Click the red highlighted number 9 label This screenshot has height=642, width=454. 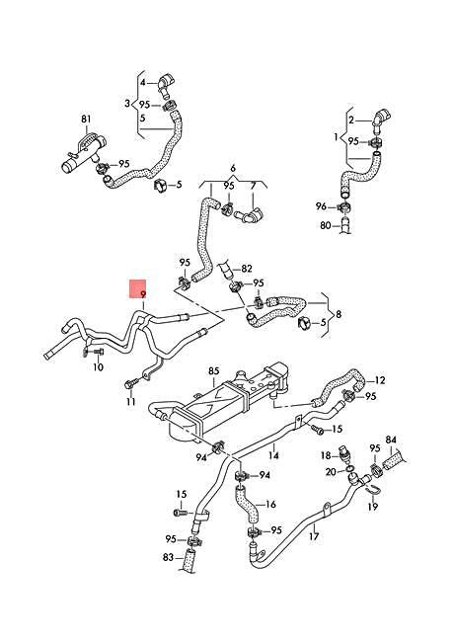point(142,293)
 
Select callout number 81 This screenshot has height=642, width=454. point(86,120)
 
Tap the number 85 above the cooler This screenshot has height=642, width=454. point(212,371)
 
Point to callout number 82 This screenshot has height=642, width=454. point(247,269)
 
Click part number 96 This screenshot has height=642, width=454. point(320,206)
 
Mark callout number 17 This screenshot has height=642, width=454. point(313,538)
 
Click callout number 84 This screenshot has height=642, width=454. point(390,440)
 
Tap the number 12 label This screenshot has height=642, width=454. point(381,379)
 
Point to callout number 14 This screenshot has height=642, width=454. point(274,456)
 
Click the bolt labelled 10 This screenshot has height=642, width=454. point(90,351)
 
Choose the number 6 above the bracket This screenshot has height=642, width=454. point(233,169)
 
